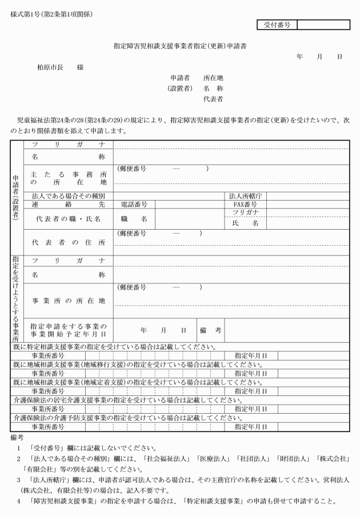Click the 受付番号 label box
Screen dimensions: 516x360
click(x=278, y=25)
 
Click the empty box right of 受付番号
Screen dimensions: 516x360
click(x=323, y=25)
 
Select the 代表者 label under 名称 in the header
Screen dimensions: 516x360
click(x=213, y=99)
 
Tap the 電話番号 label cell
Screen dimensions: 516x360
click(x=135, y=204)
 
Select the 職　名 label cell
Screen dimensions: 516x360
click(x=135, y=218)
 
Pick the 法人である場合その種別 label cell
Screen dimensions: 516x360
click(x=68, y=195)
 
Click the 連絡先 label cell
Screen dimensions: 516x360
click(x=68, y=204)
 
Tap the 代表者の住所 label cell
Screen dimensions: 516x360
click(x=68, y=242)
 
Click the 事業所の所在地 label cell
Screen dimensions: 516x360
click(x=68, y=300)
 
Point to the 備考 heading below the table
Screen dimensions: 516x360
click(x=17, y=437)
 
